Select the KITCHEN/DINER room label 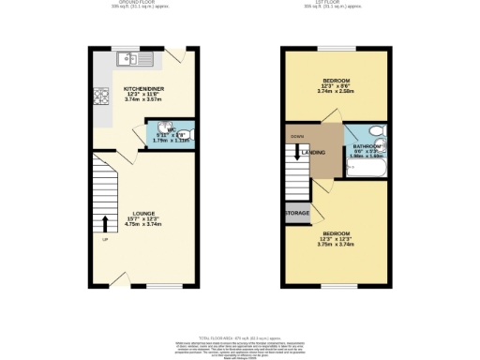click(x=143, y=90)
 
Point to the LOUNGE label click(x=143, y=213)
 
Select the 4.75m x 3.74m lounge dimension click(x=143, y=225)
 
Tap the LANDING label click(x=315, y=152)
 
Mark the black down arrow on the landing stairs click(x=297, y=153)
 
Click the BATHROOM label click(x=367, y=147)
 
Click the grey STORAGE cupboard click(x=297, y=214)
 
